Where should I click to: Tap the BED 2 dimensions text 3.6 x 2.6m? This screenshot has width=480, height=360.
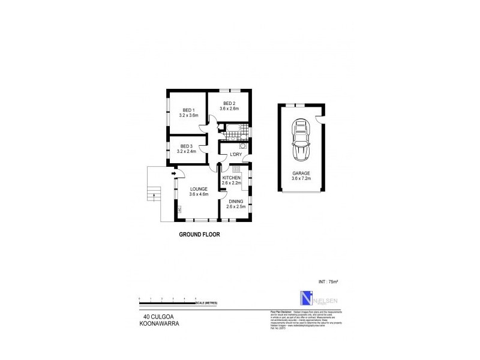pyautogui.click(x=229, y=109)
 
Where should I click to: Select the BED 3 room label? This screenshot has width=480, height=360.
pyautogui.click(x=187, y=146)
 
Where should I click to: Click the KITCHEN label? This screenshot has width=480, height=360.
pyautogui.click(x=231, y=178)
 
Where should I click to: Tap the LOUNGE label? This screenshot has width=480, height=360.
pyautogui.click(x=198, y=189)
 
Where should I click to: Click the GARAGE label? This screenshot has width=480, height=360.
pyautogui.click(x=301, y=173)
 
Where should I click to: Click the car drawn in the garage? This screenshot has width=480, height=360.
pyautogui.click(x=301, y=141)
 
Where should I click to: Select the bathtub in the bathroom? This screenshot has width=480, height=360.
pyautogui.click(x=230, y=128)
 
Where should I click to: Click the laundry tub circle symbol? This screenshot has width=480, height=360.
pyautogui.click(x=243, y=146)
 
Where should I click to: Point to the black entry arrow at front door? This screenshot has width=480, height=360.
pyautogui.click(x=173, y=174)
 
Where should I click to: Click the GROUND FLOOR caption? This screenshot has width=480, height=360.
pyautogui.click(x=199, y=235)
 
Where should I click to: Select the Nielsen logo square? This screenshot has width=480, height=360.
pyautogui.click(x=307, y=299)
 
